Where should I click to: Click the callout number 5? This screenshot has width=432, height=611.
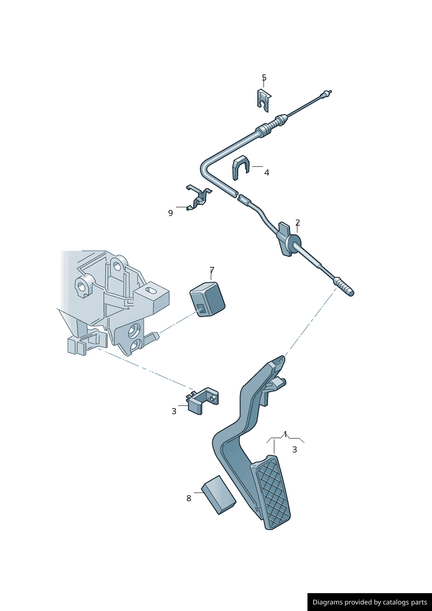click(264, 78)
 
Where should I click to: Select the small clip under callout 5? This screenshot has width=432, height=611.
click(263, 101)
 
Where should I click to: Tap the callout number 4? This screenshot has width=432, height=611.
click(267, 173)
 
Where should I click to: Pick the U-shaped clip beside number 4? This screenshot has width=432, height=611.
click(240, 167)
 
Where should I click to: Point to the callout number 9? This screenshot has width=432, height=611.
click(170, 213)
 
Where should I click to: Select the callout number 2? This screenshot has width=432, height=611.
click(297, 223)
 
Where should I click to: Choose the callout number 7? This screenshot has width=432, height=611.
click(212, 270)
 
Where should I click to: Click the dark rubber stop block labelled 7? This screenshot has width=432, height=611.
click(208, 298)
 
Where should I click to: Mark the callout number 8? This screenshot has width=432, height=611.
click(189, 498)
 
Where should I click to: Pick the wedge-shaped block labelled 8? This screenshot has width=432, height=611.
click(219, 495)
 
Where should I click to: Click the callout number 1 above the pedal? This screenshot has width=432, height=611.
click(285, 434)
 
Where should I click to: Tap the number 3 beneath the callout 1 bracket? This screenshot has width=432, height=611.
click(294, 449)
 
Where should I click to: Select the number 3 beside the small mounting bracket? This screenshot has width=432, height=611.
click(174, 411)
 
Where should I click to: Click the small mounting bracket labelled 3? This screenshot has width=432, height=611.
click(202, 400)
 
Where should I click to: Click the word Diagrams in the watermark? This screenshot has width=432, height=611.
click(327, 602)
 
